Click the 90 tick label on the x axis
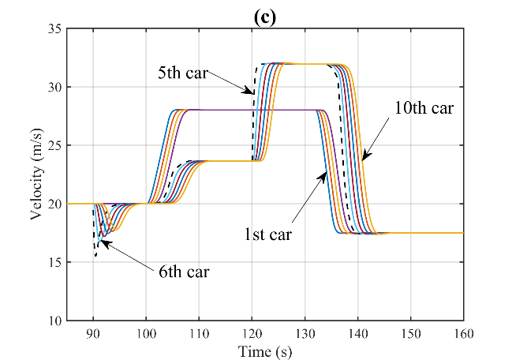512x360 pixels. (x=93, y=332)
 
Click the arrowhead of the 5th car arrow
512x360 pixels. (x=251, y=92)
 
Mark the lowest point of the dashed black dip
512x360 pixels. (x=95, y=255)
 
